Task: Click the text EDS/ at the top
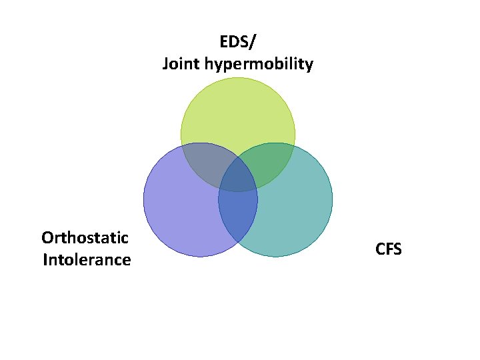click(237, 42)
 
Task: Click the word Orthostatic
click(85, 237)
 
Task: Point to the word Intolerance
click(87, 259)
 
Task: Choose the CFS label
click(389, 249)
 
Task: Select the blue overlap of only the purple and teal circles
click(238, 213)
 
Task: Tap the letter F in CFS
click(389, 249)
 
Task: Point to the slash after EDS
click(251, 42)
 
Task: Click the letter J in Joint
click(165, 65)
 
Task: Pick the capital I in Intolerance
click(45, 259)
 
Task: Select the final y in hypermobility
click(308, 67)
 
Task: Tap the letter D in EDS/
click(235, 42)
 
